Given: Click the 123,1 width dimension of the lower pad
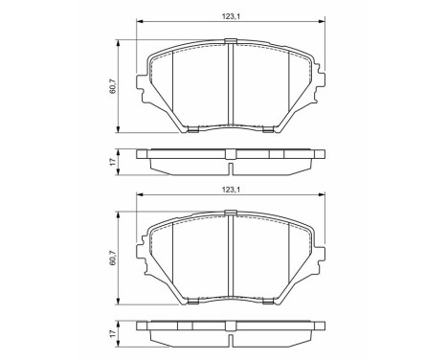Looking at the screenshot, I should tap(230, 189).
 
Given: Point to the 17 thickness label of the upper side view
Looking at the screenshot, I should tap(111, 163).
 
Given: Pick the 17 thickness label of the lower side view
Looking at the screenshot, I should tap(111, 337).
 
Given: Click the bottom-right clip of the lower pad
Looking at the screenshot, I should tap(268, 304).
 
